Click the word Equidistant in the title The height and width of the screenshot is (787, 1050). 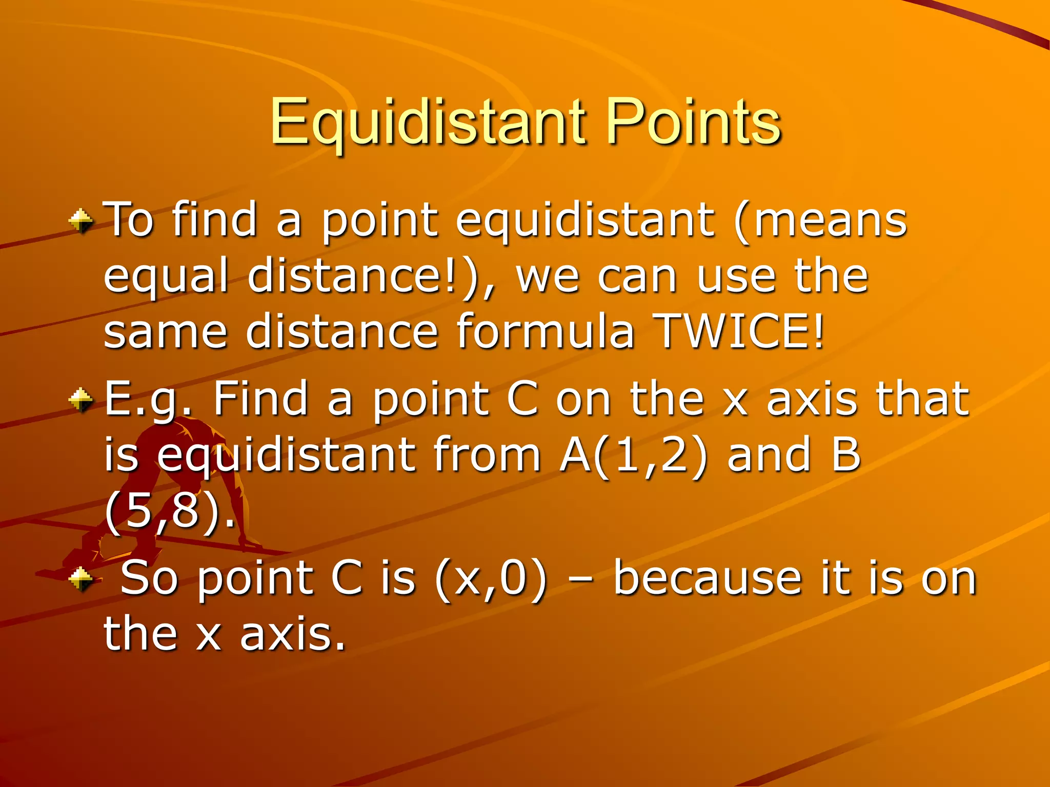coord(428,123)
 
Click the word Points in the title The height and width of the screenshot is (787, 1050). coord(693,123)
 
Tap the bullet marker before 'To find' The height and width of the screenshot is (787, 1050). coord(81,221)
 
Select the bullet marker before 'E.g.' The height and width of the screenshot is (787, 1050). coord(81,400)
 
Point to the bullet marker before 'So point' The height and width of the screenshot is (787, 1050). coord(81,579)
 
